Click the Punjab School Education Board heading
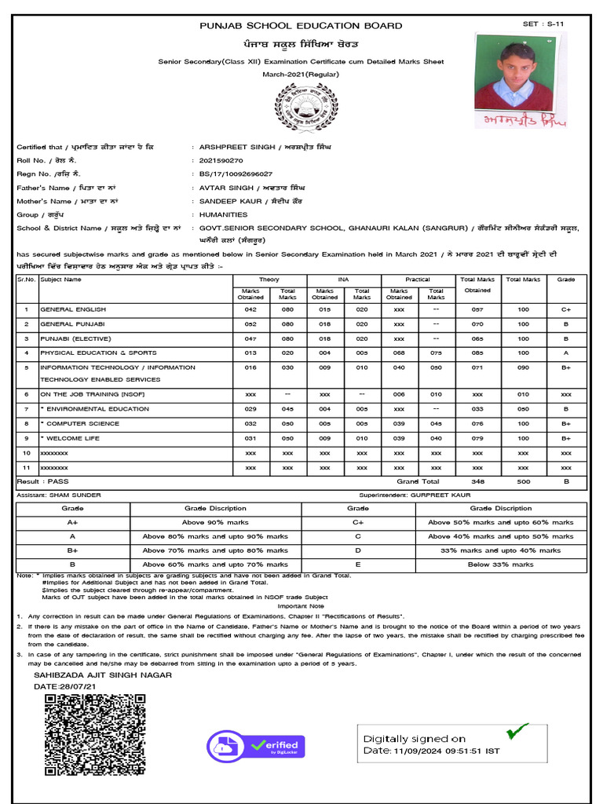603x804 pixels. coord(301,26)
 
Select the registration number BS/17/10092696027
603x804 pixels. coord(236,174)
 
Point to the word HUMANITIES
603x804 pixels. coord(223,214)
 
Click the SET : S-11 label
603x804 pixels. coord(543,24)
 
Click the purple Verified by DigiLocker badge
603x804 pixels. coord(256,746)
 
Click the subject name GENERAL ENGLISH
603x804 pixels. coord(73,309)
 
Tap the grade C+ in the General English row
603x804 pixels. coord(565,309)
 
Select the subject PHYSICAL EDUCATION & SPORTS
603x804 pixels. coord(98,353)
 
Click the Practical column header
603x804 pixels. coord(418,280)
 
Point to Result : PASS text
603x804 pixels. coord(43,481)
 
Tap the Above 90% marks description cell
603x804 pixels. coord(215,522)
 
